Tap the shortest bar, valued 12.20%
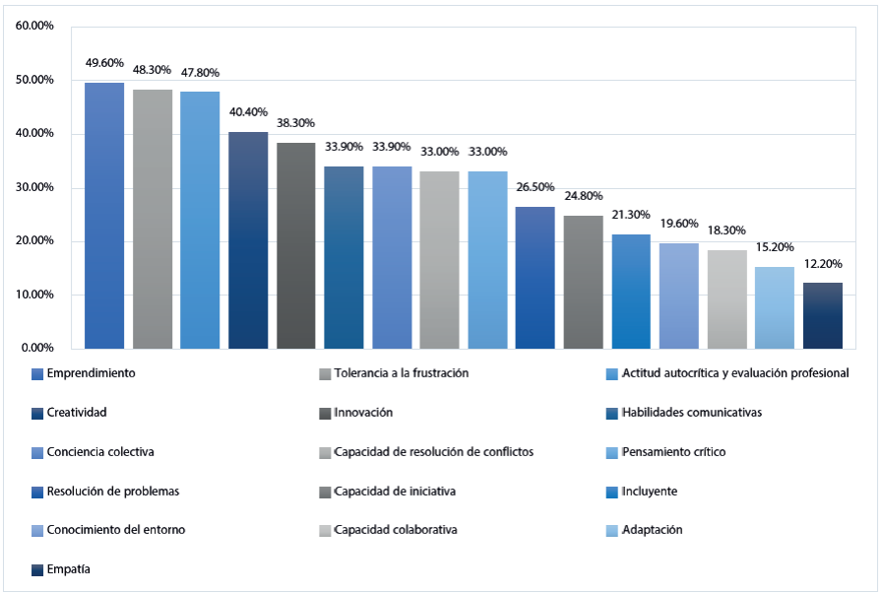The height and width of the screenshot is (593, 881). click(x=823, y=315)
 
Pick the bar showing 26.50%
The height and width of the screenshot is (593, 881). click(x=535, y=277)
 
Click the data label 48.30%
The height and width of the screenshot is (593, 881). click(x=153, y=70)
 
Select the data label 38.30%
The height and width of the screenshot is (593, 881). click(x=296, y=124)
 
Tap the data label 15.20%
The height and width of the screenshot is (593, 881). click(x=775, y=248)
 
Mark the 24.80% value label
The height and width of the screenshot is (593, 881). click(x=583, y=196)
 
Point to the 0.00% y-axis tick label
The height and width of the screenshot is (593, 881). click(x=37, y=348)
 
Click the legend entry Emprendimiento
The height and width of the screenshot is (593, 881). click(x=92, y=373)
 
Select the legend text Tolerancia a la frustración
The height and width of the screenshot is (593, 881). click(x=401, y=373)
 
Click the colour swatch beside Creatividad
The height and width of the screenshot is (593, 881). click(x=37, y=413)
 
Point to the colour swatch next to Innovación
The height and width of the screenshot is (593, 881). click(x=324, y=413)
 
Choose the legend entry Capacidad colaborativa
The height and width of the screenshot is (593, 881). click(x=395, y=530)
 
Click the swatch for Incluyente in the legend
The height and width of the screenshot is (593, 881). click(x=613, y=492)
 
